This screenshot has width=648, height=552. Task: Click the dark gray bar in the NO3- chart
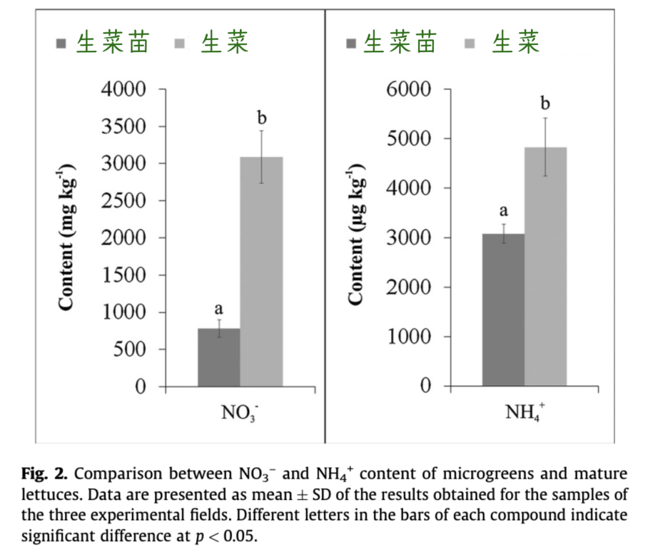(x=219, y=358)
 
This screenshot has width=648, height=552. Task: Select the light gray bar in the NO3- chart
(x=262, y=271)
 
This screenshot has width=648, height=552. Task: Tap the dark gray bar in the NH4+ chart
(x=503, y=310)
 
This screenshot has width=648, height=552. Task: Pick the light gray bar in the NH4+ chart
(x=545, y=266)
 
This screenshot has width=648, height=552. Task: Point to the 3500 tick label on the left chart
(x=124, y=127)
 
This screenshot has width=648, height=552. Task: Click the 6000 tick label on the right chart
(x=409, y=89)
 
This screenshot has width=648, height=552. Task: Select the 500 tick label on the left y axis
(x=130, y=350)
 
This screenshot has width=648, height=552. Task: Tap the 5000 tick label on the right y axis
(x=409, y=139)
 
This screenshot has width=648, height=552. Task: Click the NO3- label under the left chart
(x=239, y=412)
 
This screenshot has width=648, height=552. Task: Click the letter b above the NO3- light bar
(x=262, y=118)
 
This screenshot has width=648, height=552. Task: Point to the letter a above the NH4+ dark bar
(x=503, y=211)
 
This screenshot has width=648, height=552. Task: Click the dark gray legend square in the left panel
(x=61, y=44)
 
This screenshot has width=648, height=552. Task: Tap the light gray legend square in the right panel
(x=469, y=43)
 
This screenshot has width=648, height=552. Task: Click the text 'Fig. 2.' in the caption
(x=44, y=474)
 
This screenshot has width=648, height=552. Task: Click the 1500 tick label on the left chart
(x=124, y=275)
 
